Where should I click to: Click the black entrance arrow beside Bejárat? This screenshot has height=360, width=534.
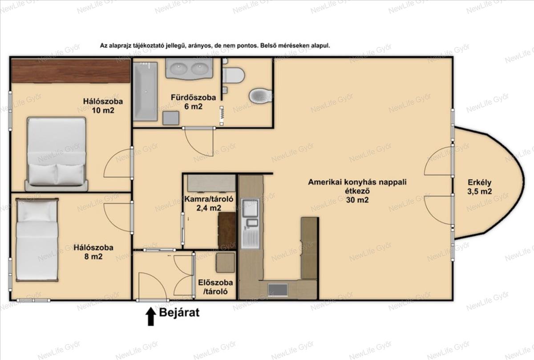click(151, 316)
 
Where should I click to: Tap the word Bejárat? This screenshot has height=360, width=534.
click(179, 312)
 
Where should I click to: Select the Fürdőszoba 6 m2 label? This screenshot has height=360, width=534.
click(193, 102)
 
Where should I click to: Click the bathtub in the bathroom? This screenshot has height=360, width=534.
click(145, 92)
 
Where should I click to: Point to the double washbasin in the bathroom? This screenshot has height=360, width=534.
click(189, 68)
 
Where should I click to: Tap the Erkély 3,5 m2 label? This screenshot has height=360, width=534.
click(479, 187)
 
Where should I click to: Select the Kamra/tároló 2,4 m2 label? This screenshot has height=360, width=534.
click(209, 203)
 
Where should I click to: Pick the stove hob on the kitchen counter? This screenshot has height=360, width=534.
click(278, 290)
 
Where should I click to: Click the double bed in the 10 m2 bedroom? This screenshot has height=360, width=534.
click(56, 154)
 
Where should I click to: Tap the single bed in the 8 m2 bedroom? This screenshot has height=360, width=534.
click(37, 240)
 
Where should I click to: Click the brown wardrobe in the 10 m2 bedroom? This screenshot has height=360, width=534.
click(71, 71)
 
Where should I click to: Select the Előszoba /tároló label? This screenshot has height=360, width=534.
click(215, 287)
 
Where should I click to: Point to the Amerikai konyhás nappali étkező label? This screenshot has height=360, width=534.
click(357, 191)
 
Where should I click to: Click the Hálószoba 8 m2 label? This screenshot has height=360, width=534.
click(93, 252)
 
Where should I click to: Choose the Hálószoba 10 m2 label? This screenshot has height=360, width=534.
click(103, 105)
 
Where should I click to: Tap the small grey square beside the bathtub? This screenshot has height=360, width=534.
click(171, 118)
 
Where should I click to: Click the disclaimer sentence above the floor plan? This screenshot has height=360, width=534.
click(215, 45)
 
